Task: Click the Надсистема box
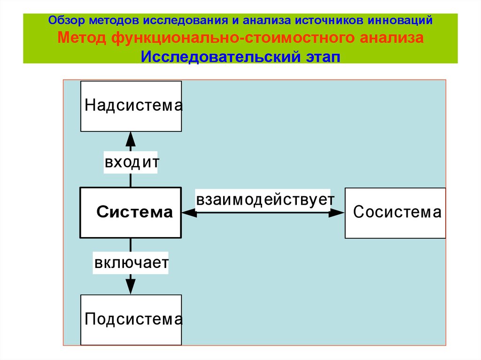131,106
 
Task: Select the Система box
131,213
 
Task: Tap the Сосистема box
396,213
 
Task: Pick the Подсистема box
131,320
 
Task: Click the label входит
132,163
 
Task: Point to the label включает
131,262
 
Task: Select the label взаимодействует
265,199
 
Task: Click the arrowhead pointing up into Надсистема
131,139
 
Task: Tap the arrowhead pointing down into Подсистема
131,286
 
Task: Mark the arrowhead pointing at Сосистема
337,213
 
